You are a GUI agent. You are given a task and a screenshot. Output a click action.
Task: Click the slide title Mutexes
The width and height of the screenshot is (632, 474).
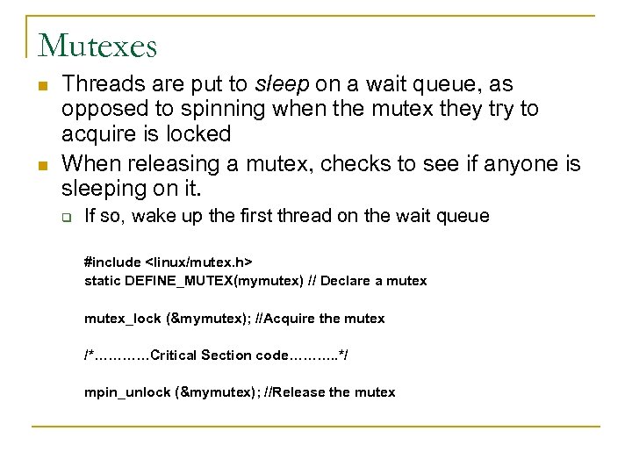97,45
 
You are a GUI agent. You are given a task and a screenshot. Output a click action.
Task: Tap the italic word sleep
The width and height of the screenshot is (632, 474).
278,84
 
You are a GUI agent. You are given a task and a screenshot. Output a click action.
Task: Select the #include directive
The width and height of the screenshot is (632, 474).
111,262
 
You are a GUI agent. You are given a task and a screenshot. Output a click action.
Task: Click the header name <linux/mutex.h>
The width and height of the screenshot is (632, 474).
199,262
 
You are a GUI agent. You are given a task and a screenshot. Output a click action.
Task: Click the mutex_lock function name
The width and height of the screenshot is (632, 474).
121,319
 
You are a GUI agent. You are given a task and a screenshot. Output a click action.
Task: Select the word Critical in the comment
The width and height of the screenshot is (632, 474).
175,355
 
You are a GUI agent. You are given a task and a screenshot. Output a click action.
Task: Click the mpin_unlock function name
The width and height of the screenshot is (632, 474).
124,392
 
